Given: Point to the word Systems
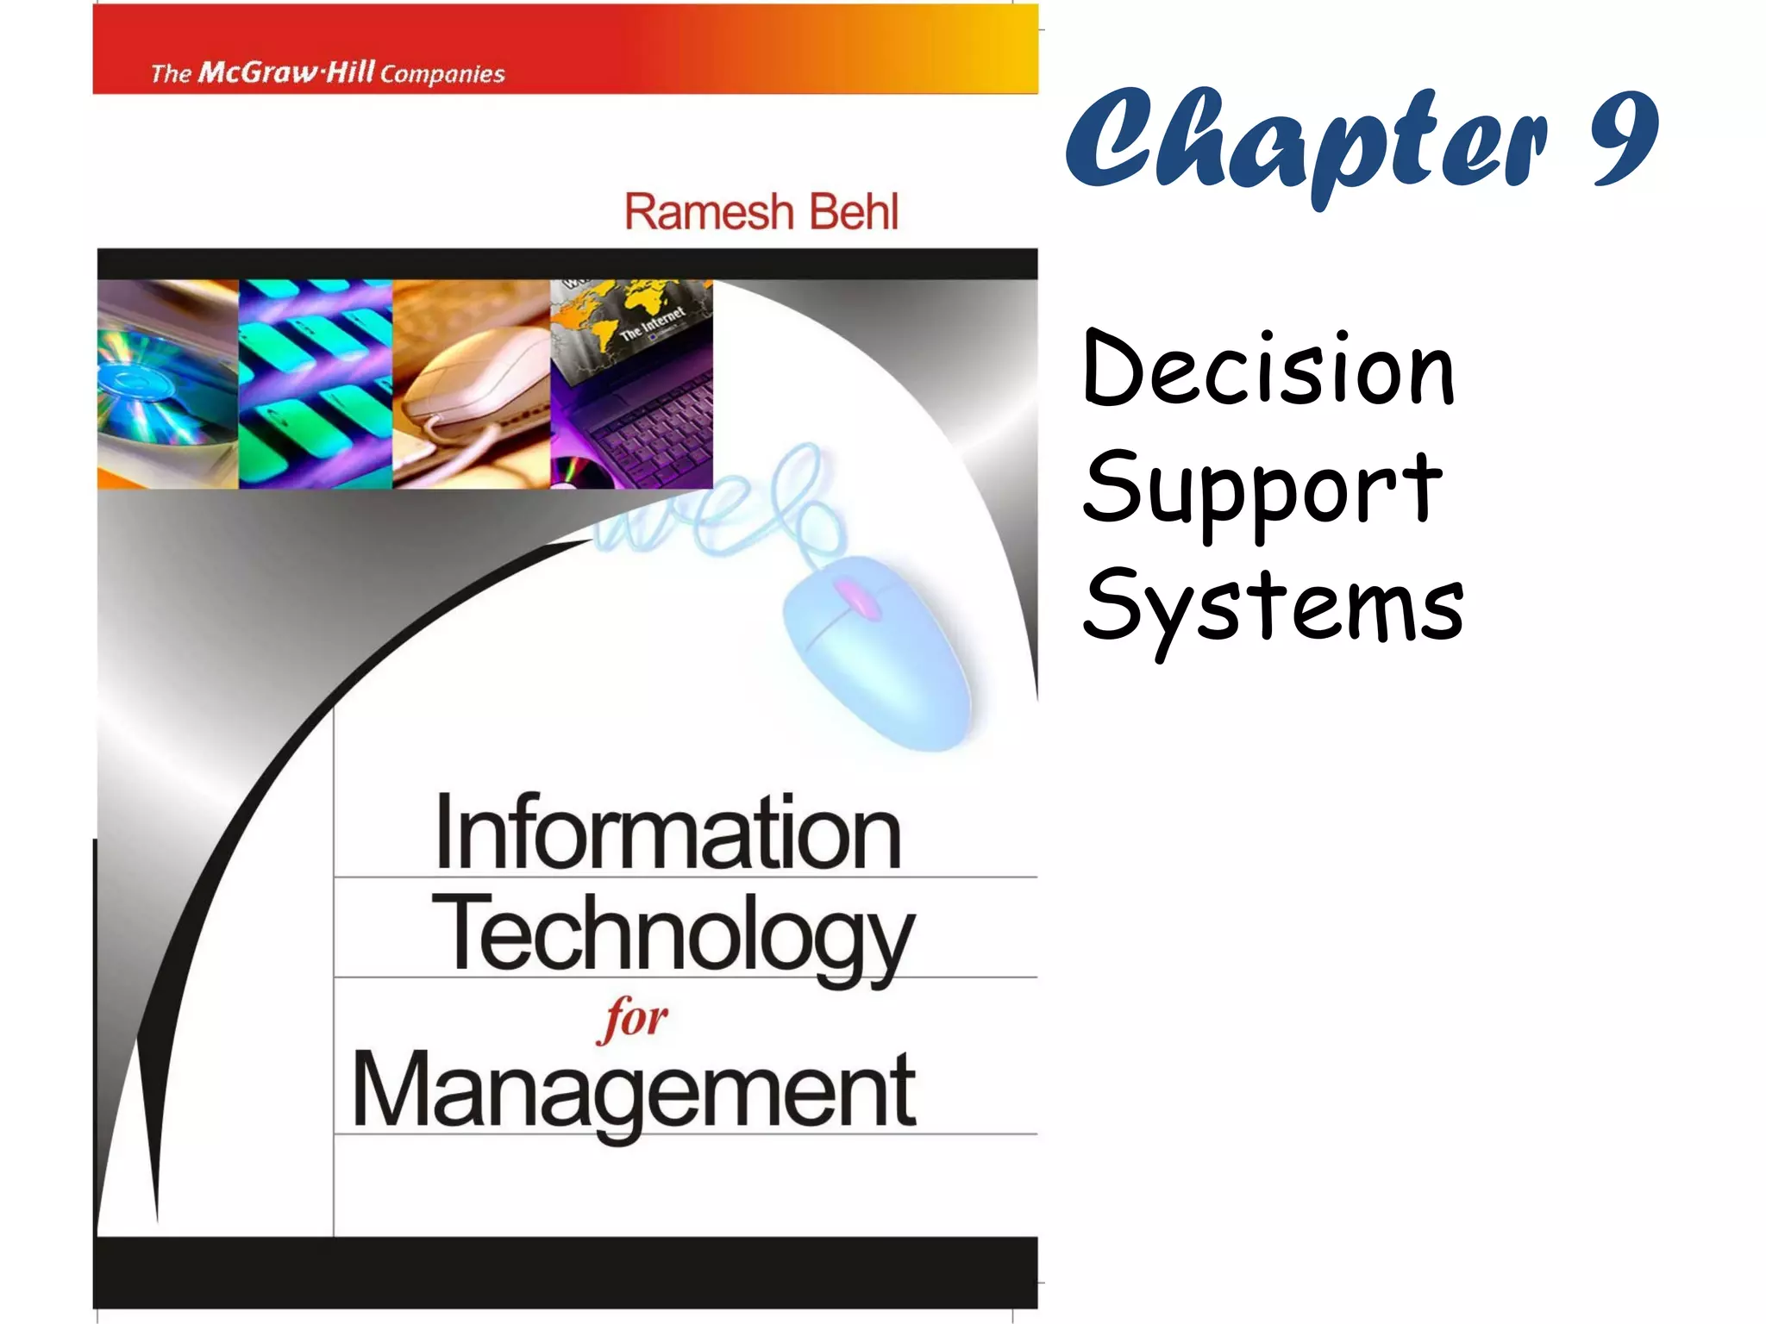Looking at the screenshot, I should [x=1274, y=606].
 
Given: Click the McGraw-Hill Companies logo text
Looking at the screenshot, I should [x=328, y=72].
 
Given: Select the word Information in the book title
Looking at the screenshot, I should [x=668, y=832].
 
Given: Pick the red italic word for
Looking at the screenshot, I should [x=632, y=1019].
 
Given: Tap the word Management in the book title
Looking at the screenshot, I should [x=634, y=1090].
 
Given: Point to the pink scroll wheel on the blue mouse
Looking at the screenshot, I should [x=856, y=598].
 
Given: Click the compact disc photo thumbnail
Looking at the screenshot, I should [x=167, y=384].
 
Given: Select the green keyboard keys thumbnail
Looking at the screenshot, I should [x=315, y=384].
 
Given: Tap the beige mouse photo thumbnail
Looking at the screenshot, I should [x=471, y=384].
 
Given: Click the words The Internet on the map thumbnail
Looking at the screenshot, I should [x=652, y=323].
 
